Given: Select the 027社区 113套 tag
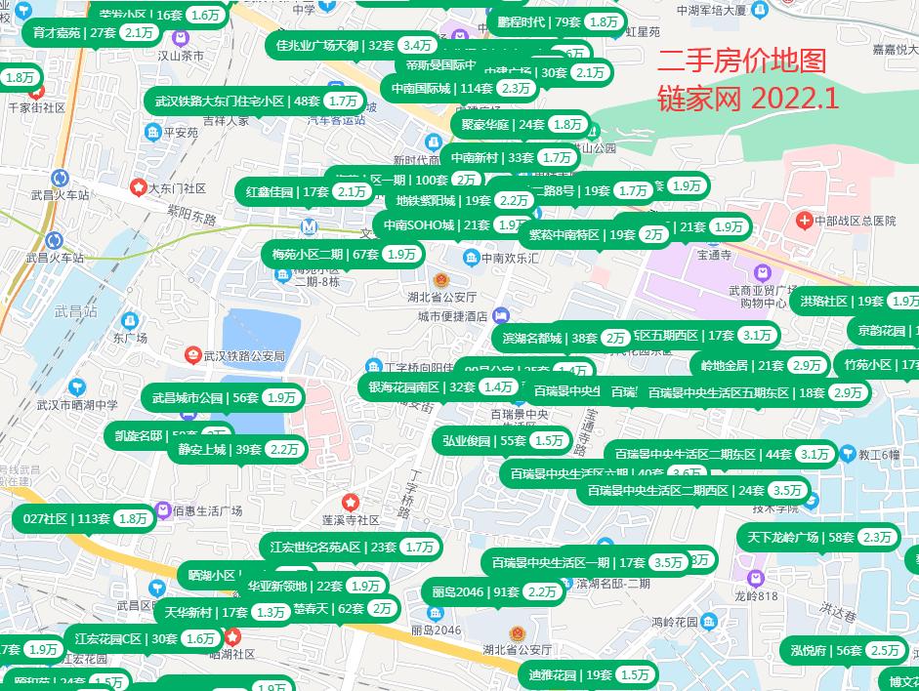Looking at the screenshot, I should click(84, 519).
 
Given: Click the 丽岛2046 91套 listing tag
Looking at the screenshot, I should click(492, 591).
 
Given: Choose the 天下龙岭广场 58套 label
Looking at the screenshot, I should click(820, 537).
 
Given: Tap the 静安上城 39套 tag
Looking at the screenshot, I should click(238, 449).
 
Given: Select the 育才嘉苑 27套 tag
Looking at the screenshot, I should click(93, 32).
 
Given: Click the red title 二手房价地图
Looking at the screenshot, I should click(741, 61).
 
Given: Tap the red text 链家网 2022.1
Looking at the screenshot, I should click(748, 98).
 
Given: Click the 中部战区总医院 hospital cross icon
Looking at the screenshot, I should click(804, 221).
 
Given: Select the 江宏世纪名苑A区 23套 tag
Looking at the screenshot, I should click(351, 548).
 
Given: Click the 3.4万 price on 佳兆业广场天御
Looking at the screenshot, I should click(418, 45).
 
